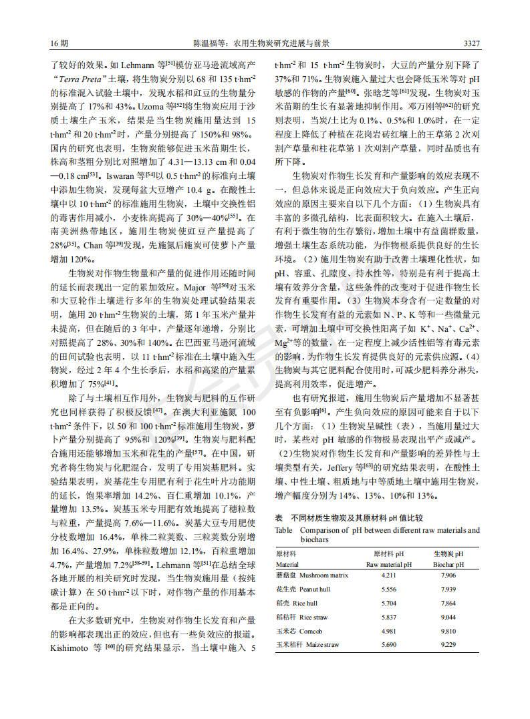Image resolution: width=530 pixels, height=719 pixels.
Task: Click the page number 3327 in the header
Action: [471, 43]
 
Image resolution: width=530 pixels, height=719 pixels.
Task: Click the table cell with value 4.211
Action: [388, 575]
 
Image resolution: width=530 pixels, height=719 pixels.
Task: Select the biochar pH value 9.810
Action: [448, 631]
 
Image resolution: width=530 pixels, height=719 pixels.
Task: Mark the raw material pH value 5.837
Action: [388, 618]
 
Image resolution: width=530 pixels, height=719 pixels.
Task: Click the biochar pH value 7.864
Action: [448, 604]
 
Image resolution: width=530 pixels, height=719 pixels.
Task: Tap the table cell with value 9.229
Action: [448, 645]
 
